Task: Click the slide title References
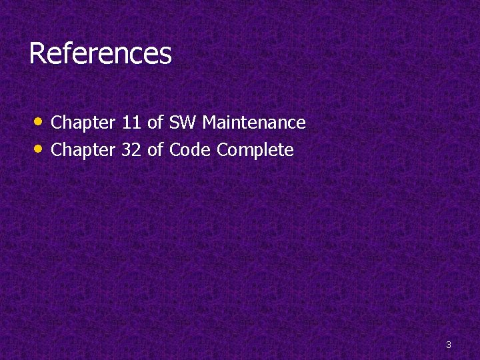(x=100, y=54)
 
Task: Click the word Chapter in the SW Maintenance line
(x=83, y=123)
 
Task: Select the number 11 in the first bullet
(x=132, y=123)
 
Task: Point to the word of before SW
(x=155, y=123)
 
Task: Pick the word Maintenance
(x=254, y=123)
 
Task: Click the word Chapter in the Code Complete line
(x=83, y=151)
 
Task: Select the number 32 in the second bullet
(x=132, y=151)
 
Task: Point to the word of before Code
(x=155, y=151)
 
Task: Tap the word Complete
(x=255, y=151)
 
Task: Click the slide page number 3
(x=449, y=345)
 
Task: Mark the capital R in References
(x=37, y=54)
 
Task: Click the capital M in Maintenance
(x=210, y=123)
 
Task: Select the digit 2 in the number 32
(x=137, y=151)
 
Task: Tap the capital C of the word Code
(x=175, y=151)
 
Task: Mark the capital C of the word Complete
(x=223, y=151)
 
